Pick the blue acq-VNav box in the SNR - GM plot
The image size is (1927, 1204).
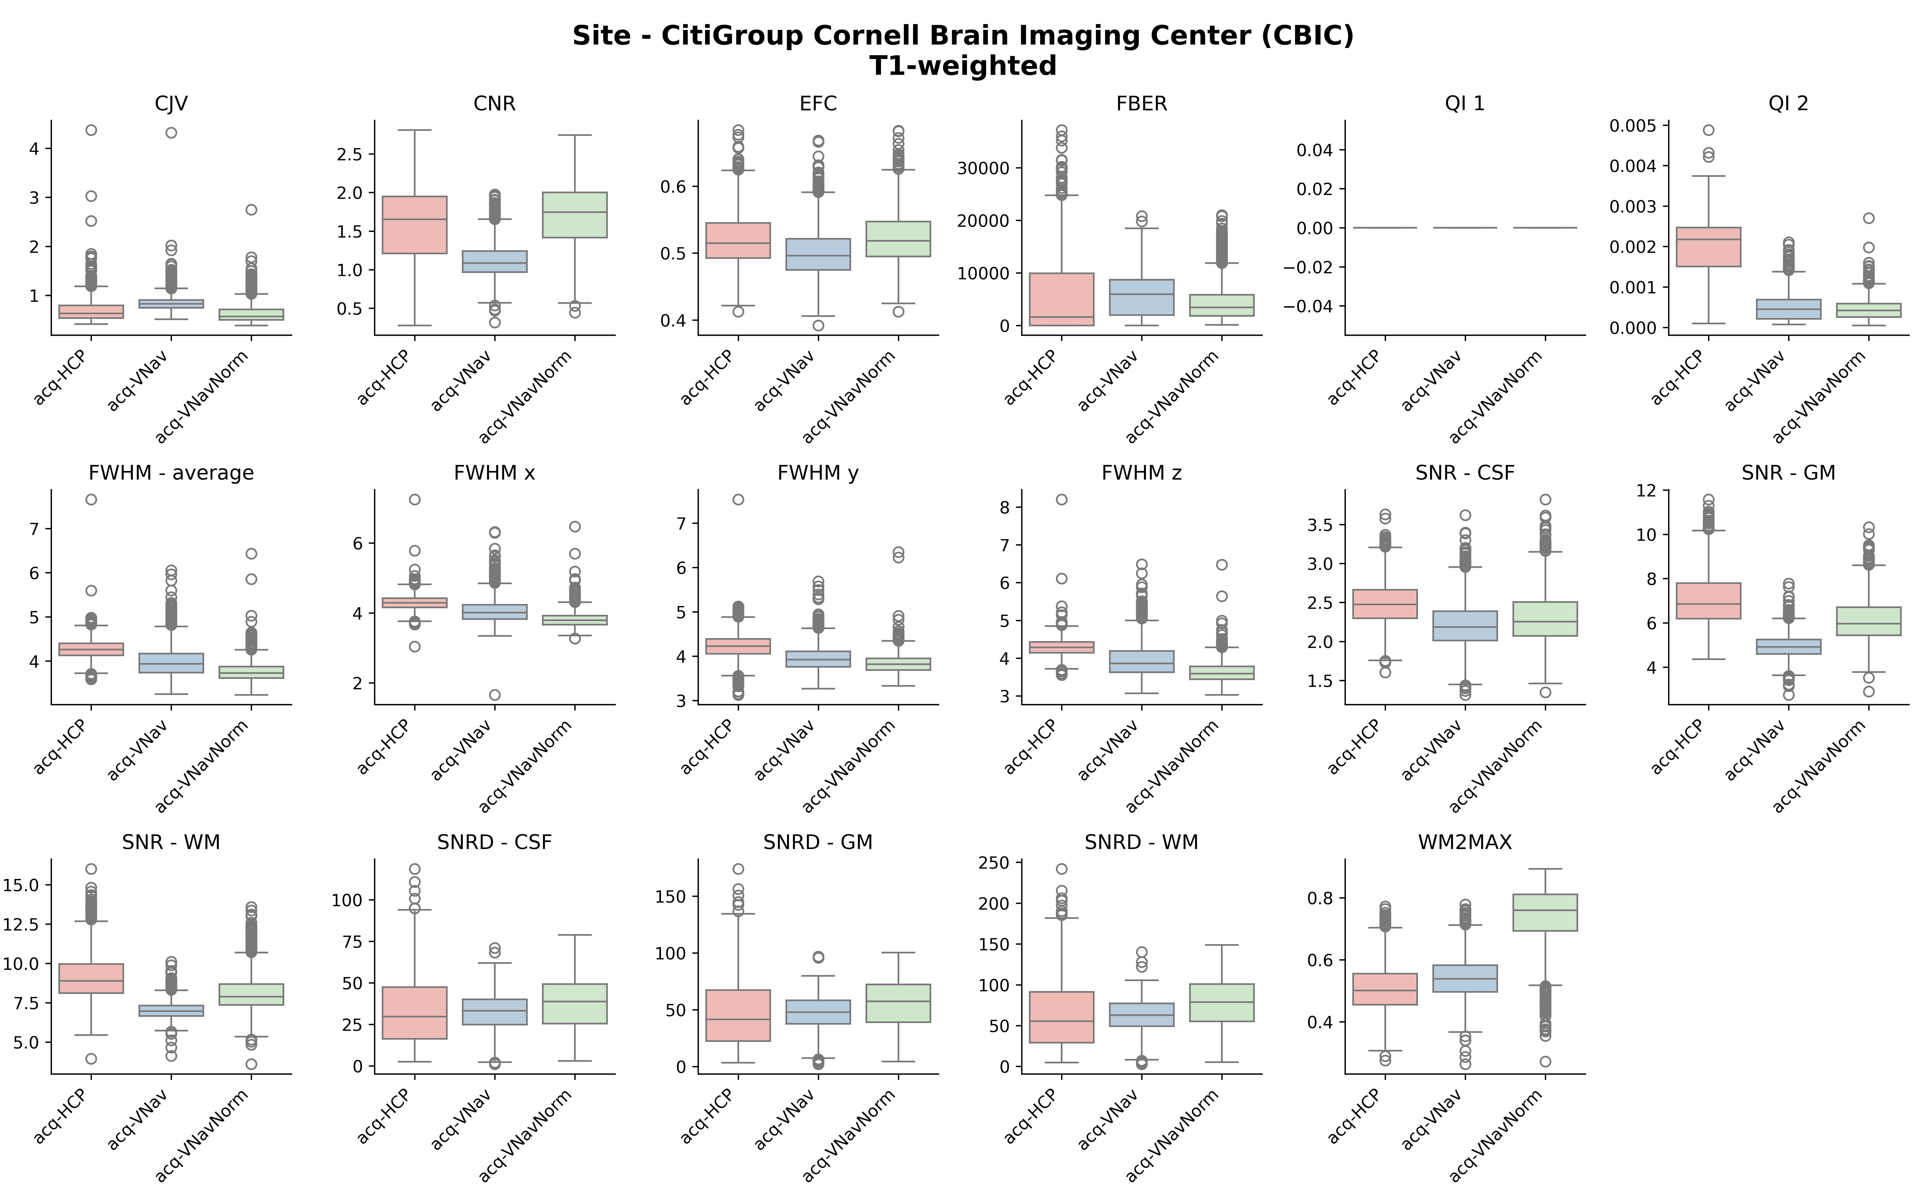pyautogui.click(x=1788, y=647)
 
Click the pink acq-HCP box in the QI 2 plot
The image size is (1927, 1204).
pyautogui.click(x=1708, y=247)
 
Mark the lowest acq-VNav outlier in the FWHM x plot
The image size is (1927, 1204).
pyautogui.click(x=494, y=694)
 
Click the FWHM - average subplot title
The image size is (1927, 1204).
pyautogui.click(x=171, y=473)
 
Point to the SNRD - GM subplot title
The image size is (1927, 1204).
pyautogui.click(x=818, y=842)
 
